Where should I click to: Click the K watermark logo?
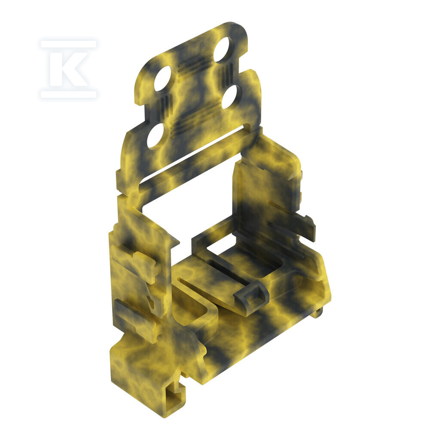tap(69, 69)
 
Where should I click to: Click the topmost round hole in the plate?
tap(223, 49)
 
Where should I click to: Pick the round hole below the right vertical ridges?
tap(231, 97)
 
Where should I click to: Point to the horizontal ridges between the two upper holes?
tap(194, 67)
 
